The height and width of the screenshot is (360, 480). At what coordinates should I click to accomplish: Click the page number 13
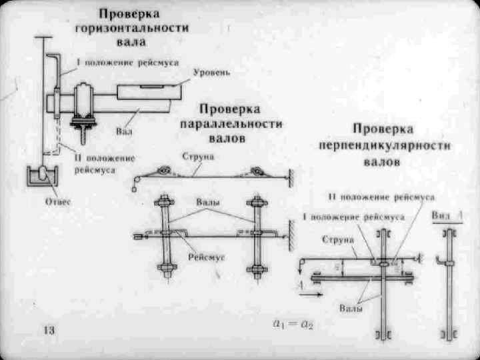49,330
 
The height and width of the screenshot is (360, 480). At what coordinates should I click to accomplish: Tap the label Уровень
212,71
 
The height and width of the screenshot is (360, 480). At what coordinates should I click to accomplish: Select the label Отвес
58,201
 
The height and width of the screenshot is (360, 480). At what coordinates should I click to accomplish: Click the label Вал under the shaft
125,132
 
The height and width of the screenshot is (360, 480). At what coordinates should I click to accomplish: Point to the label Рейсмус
206,257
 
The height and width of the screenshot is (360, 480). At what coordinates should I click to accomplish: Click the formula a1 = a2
293,325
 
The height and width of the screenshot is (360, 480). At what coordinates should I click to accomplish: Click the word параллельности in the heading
231,125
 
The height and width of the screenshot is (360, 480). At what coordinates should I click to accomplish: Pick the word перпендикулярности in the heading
385,145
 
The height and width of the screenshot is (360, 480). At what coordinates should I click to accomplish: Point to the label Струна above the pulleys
197,157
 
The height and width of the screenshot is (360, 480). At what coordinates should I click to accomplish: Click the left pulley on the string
162,171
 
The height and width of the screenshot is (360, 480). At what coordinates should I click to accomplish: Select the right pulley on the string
256,172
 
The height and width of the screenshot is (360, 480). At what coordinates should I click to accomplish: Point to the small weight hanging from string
134,189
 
